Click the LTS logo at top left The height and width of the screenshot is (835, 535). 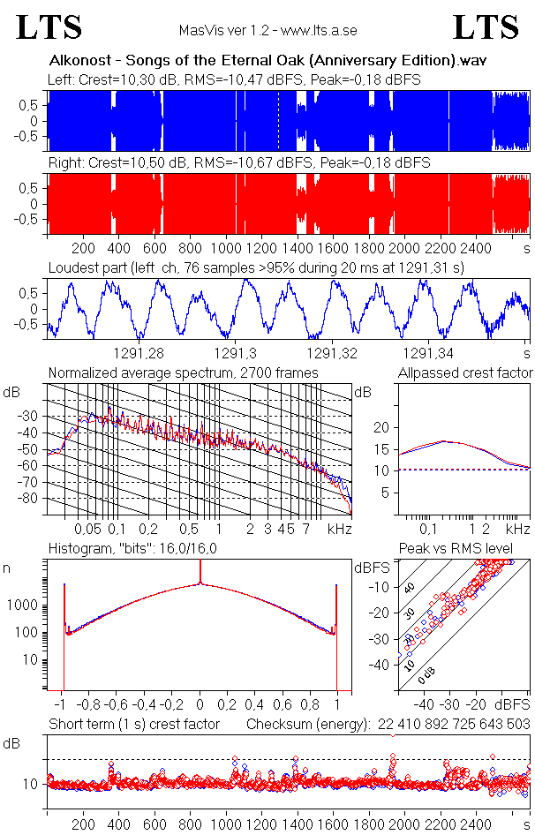(x=49, y=27)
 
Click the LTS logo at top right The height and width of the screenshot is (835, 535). (x=486, y=27)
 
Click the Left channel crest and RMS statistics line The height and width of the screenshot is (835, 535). (x=234, y=80)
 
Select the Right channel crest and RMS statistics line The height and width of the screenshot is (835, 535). (x=238, y=163)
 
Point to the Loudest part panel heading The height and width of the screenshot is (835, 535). (x=256, y=267)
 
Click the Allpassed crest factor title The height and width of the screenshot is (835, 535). (x=465, y=373)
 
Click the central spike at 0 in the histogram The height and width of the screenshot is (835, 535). (x=200, y=583)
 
